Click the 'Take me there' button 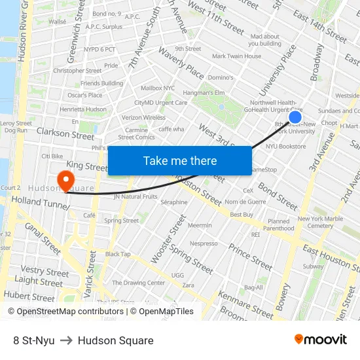tap(180, 160)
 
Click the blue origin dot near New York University tap(295, 117)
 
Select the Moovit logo tap(320, 340)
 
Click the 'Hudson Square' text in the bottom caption tap(115, 340)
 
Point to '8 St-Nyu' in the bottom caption tap(33, 340)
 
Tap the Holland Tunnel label tap(39, 203)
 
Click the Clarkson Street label tap(65, 135)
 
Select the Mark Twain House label tap(236, 56)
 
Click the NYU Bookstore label tap(285, 147)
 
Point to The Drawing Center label tap(138, 283)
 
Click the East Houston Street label tap(331, 258)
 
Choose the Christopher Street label tap(77, 71)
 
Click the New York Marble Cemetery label tap(320, 222)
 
